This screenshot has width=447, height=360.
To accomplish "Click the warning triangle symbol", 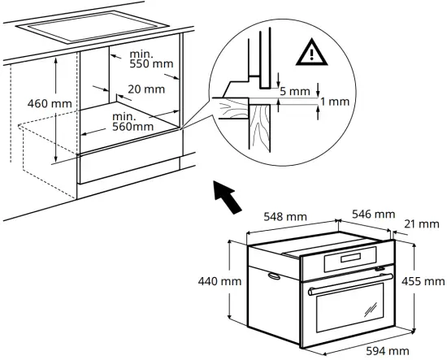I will pos(310,54).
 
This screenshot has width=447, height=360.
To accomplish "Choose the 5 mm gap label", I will pos(297,92).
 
